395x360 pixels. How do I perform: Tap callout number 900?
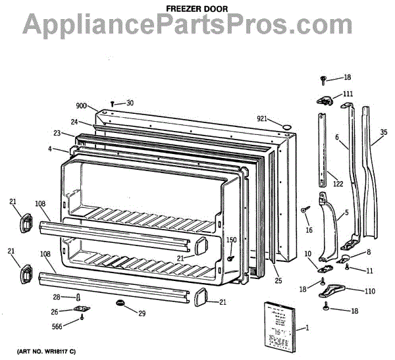point(82,106)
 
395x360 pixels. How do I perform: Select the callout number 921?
point(263,118)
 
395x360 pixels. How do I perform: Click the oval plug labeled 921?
point(286,126)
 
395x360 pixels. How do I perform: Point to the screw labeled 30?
point(112,103)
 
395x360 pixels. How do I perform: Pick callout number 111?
point(348,94)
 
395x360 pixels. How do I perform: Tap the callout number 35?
point(383,139)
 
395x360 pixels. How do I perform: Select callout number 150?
point(231,240)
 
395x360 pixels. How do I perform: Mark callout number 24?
point(75,122)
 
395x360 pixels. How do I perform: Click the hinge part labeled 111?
point(326,100)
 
